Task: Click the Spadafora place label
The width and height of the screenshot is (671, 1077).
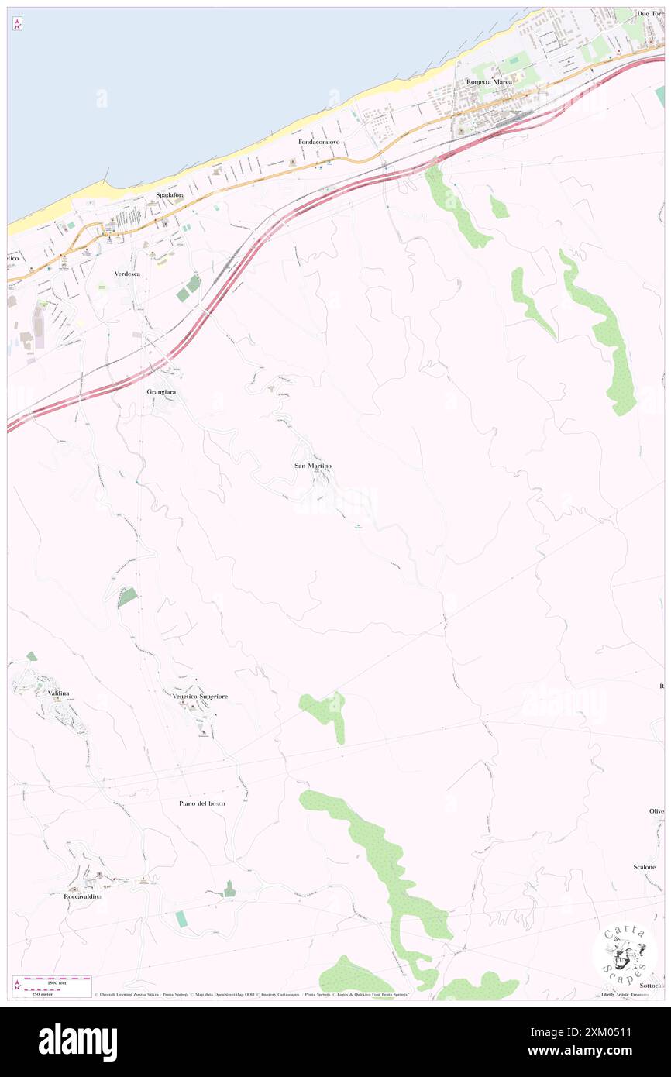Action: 170,195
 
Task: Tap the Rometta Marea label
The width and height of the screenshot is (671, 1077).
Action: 489,81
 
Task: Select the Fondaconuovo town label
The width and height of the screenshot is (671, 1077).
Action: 319,143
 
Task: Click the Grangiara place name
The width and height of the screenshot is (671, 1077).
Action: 161,392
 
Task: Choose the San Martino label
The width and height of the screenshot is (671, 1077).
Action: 313,466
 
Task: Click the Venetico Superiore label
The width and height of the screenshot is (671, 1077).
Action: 200,697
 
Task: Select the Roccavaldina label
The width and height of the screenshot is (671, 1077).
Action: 82,896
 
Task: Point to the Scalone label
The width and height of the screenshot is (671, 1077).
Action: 645,867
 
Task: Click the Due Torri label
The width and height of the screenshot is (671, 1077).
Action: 649,14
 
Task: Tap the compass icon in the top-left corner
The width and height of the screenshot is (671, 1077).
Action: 17,24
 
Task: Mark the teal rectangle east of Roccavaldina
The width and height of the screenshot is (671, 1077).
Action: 181,919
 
